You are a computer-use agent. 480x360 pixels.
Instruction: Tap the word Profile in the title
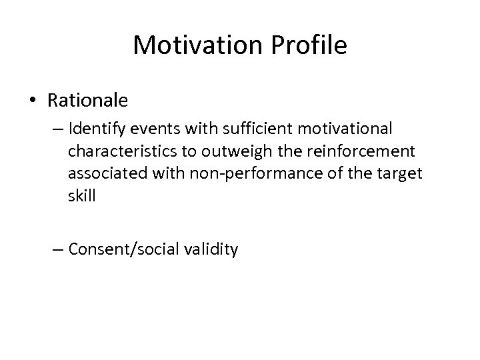click(307, 45)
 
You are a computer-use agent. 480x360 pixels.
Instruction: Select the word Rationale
click(88, 101)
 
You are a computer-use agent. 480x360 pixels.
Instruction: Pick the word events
click(157, 127)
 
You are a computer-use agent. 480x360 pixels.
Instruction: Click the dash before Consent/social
click(59, 251)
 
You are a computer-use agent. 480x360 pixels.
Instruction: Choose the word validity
click(211, 251)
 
